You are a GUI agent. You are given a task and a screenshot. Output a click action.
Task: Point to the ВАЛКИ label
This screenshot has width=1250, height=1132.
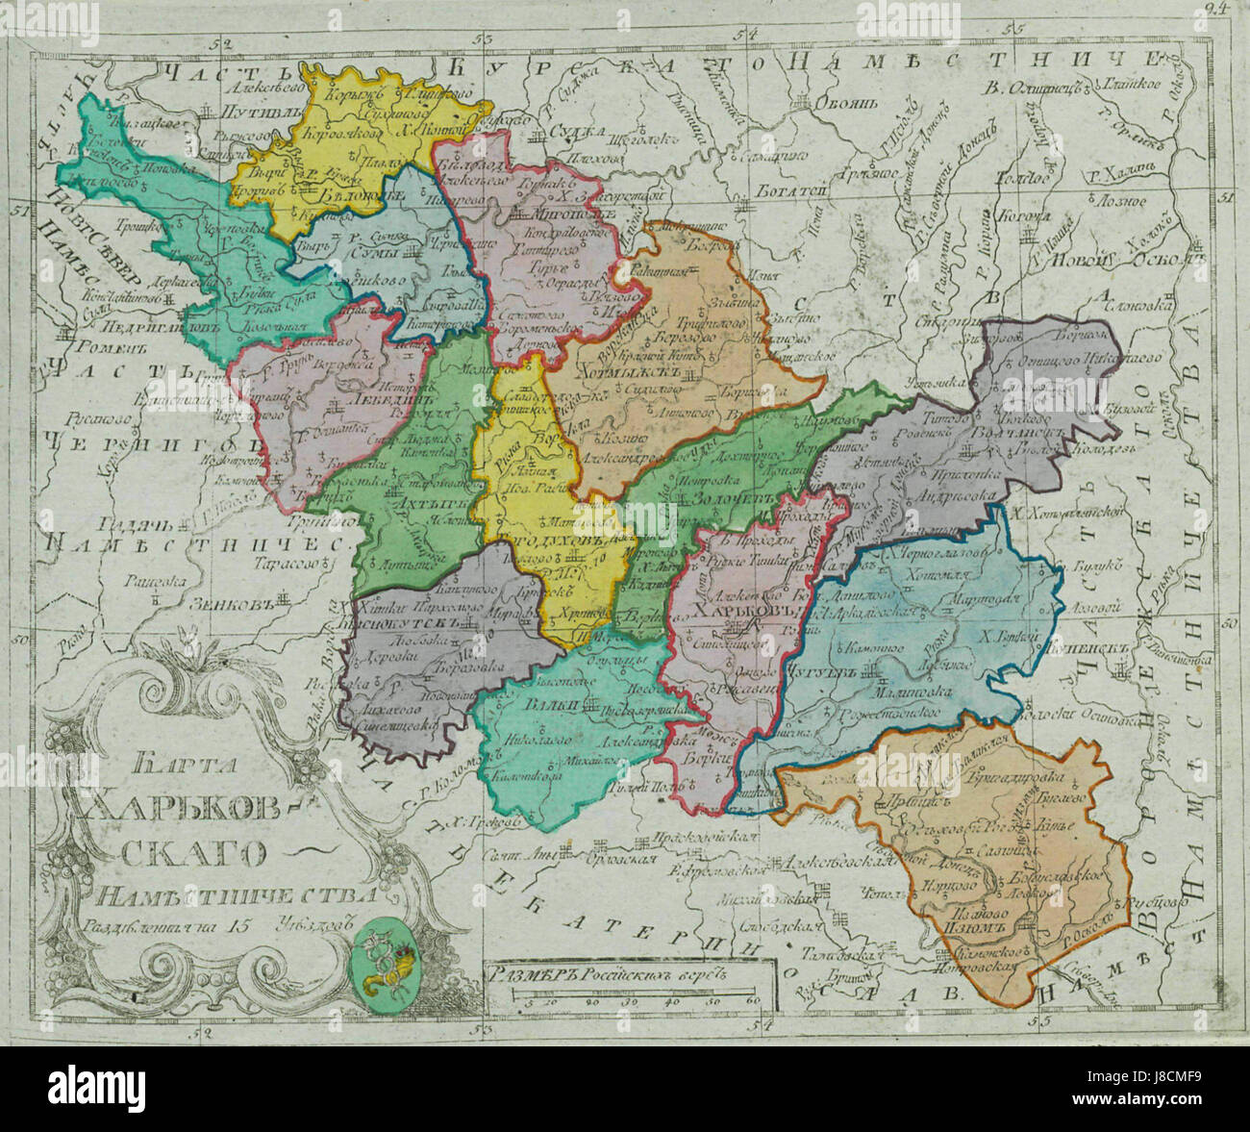544,706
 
